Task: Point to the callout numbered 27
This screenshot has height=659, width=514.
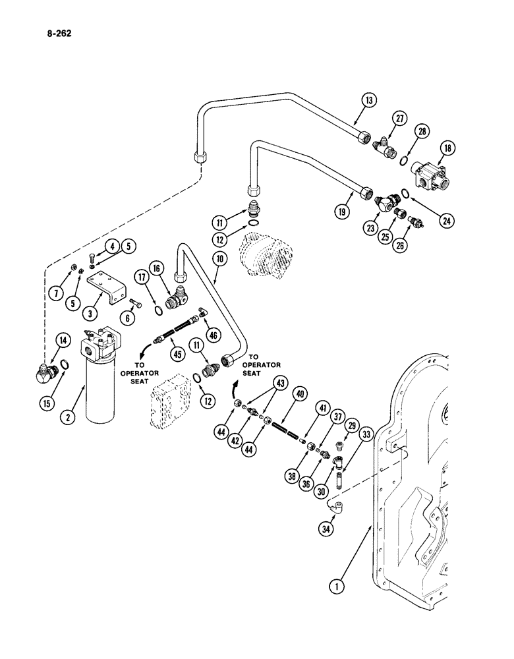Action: click(x=398, y=119)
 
